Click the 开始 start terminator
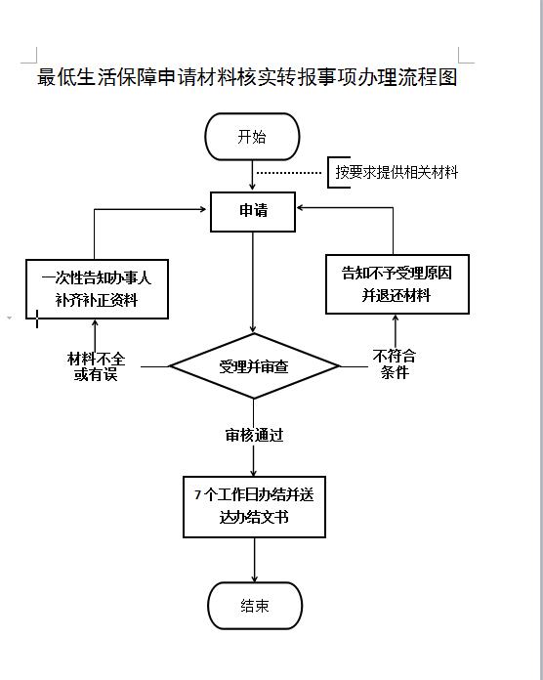pyautogui.click(x=252, y=137)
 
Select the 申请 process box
pyautogui.click(x=253, y=212)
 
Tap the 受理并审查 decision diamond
pyautogui.click(x=254, y=366)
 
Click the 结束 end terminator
pyautogui.click(x=255, y=606)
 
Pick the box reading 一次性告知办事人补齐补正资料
pyautogui.click(x=97, y=289)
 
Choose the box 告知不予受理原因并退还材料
pyautogui.click(x=397, y=284)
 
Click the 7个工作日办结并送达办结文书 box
pyautogui.click(x=254, y=507)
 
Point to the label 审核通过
pyautogui.click(x=254, y=435)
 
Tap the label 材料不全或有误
pyautogui.click(x=96, y=366)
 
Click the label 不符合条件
pyautogui.click(x=395, y=364)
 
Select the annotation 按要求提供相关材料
pyautogui.click(x=397, y=172)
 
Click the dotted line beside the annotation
pyautogui.click(x=289, y=173)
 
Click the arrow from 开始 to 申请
pyautogui.click(x=252, y=175)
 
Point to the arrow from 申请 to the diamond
pyautogui.click(x=253, y=282)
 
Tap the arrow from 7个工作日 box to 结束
pyautogui.click(x=254, y=560)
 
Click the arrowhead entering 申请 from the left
pyautogui.click(x=202, y=209)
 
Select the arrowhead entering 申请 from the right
pyautogui.click(x=301, y=208)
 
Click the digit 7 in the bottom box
pyautogui.click(x=197, y=494)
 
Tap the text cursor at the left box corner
pyautogui.click(x=37, y=319)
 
